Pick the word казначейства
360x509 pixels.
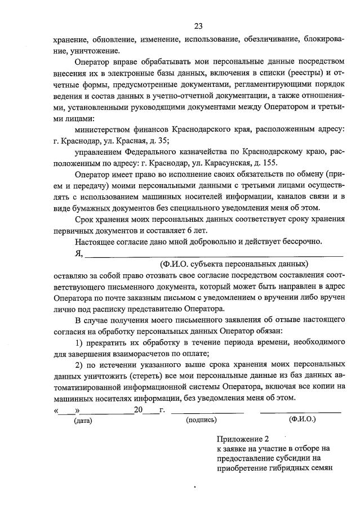pos(195,152)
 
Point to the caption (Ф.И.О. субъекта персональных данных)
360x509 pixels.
pos(234,264)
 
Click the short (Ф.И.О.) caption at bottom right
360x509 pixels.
pos(302,419)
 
